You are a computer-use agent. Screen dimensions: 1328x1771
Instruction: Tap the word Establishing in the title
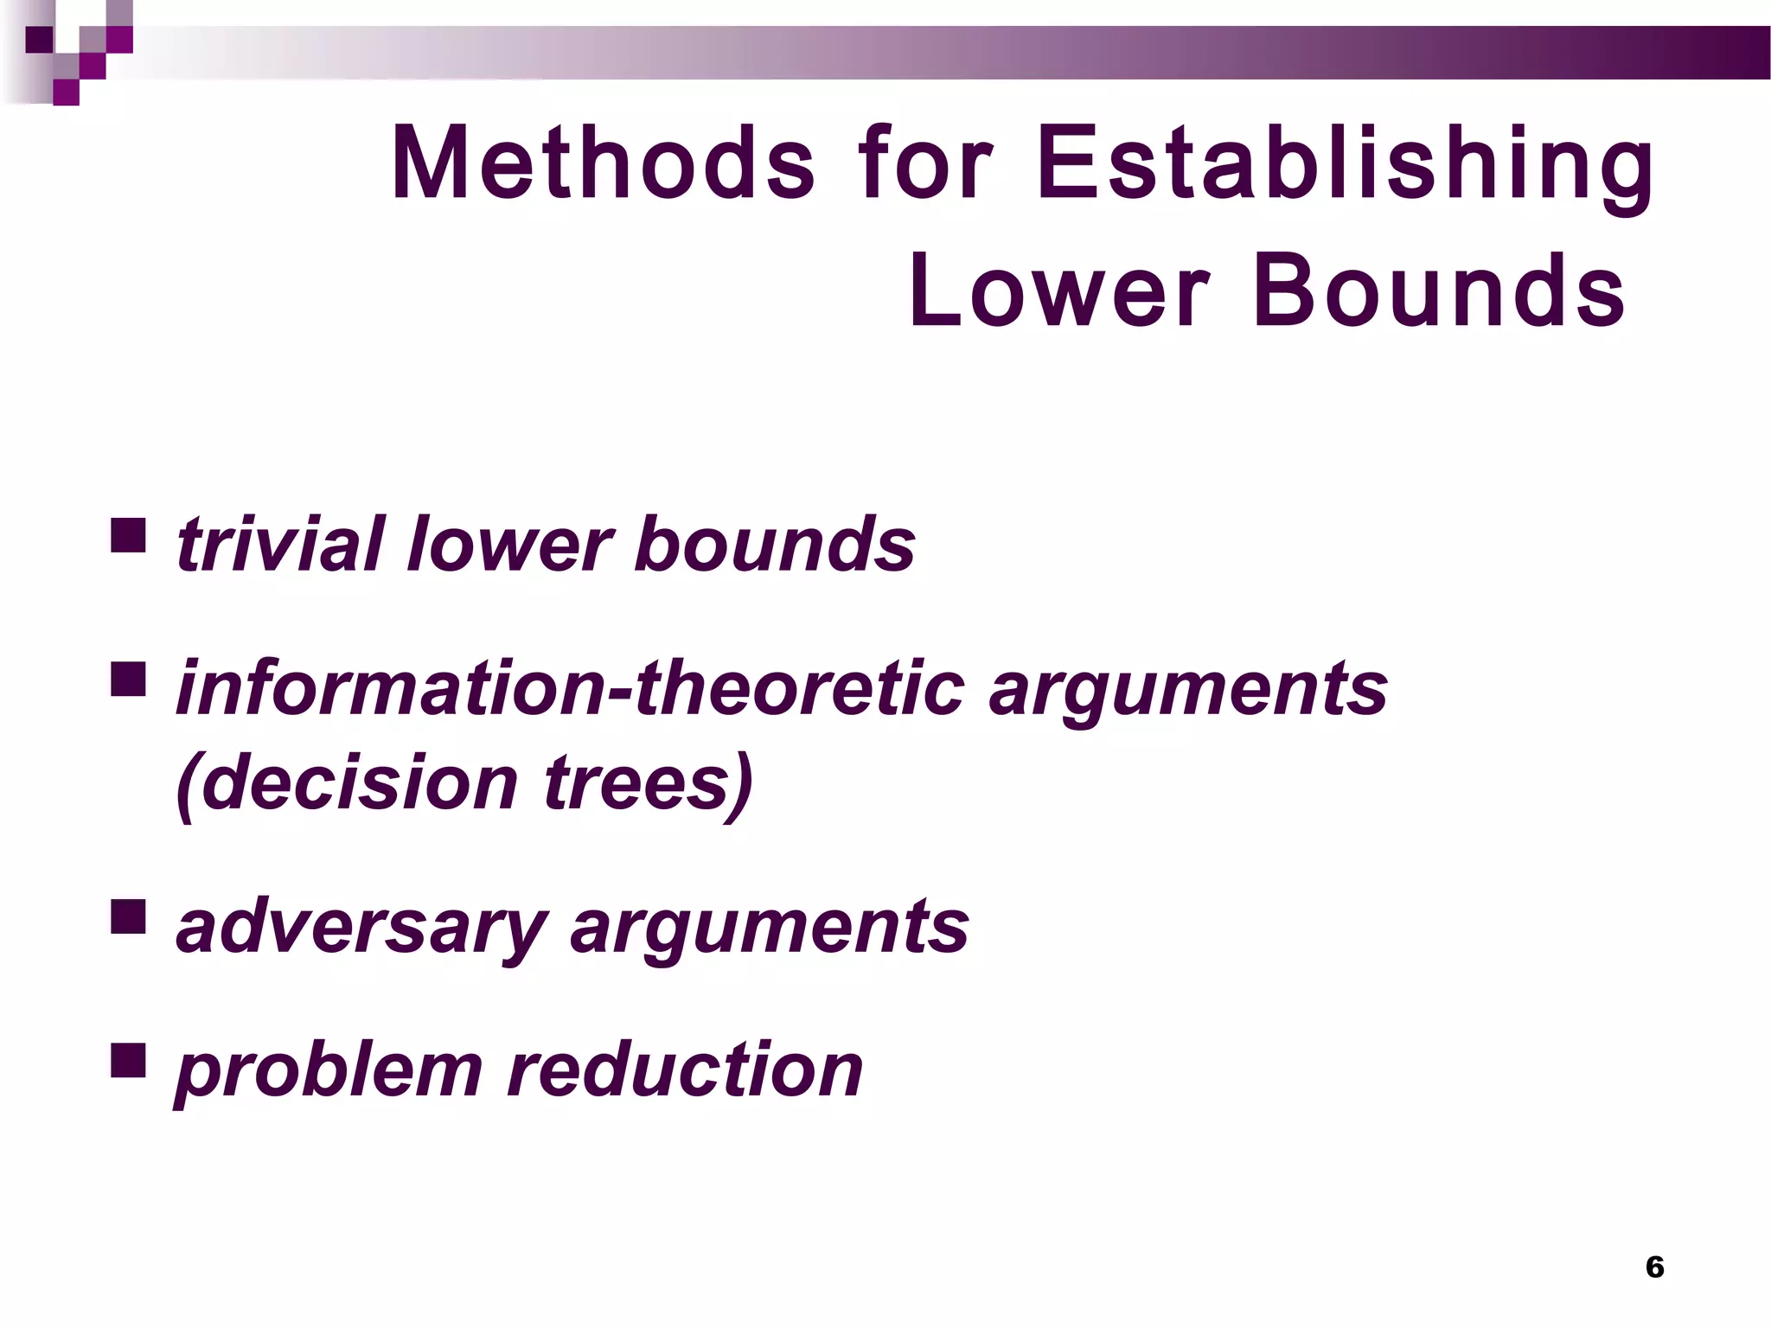coord(1345,163)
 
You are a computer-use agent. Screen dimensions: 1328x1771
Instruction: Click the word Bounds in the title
coord(1438,291)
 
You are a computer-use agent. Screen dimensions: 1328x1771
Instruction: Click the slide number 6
coord(1654,1267)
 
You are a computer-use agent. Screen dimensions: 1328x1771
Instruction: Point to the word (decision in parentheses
coord(347,783)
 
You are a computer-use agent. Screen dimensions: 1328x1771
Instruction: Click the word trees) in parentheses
coord(649,783)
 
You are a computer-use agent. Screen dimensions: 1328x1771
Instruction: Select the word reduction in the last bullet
coord(685,1070)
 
